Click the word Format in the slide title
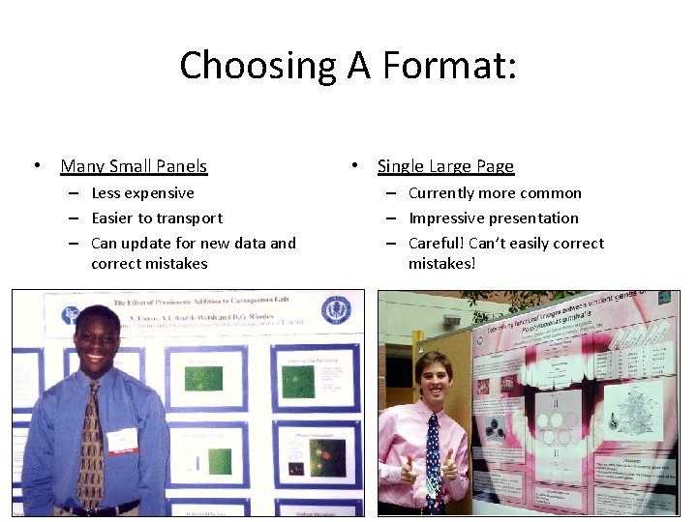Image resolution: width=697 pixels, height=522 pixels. (x=451, y=66)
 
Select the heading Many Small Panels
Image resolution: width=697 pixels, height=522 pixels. (x=134, y=166)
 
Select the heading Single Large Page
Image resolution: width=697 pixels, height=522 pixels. (x=445, y=166)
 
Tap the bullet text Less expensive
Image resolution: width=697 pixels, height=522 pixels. (x=142, y=193)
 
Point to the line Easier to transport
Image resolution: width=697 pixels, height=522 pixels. (x=157, y=218)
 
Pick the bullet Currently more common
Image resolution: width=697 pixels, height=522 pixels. (x=495, y=193)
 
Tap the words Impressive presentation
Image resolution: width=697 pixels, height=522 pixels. (x=494, y=218)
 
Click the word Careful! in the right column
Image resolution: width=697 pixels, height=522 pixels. (x=436, y=244)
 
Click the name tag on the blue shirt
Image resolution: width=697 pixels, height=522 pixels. (x=123, y=441)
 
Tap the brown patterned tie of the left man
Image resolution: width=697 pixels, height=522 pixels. (x=91, y=445)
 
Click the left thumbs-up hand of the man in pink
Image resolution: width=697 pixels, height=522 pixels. (x=404, y=468)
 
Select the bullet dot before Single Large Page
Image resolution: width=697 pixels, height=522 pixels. (x=356, y=166)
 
